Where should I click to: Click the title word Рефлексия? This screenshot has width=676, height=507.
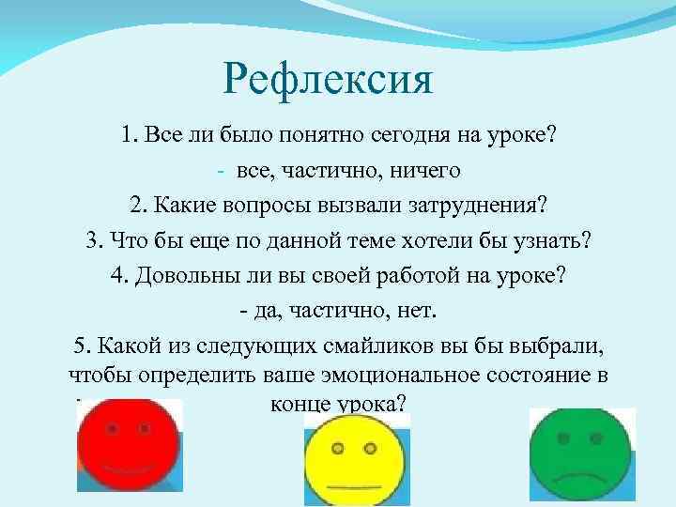329,79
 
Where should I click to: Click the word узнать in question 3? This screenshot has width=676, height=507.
555,238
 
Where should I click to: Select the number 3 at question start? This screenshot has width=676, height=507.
90,238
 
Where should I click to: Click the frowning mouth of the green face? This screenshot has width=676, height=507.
581,478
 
